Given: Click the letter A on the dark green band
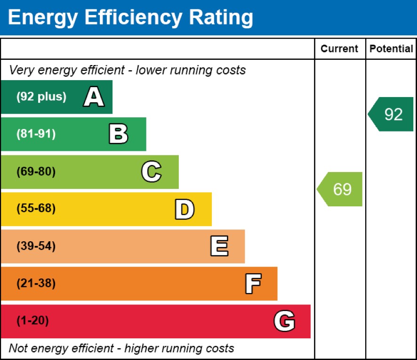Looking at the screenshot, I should click(x=94, y=98).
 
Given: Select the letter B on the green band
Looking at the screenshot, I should click(x=118, y=134).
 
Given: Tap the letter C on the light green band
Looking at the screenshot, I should click(x=151, y=172).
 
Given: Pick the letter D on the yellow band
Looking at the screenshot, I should click(x=184, y=209).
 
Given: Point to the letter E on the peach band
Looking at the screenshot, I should click(x=219, y=246).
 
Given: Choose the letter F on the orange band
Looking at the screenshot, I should click(x=253, y=284).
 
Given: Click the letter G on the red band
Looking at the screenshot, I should click(x=284, y=321).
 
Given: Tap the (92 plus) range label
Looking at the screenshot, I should click(x=41, y=97).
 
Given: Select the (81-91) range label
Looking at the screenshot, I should click(x=36, y=134).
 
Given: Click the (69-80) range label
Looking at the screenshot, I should click(x=36, y=172).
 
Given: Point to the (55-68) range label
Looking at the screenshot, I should click(x=36, y=209).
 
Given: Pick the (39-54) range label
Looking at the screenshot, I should click(x=36, y=246).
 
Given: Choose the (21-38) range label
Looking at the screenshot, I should click(x=36, y=284).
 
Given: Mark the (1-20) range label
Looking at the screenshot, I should click(x=33, y=321).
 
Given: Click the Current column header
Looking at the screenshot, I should click(x=339, y=49).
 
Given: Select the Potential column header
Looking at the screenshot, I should click(x=391, y=49).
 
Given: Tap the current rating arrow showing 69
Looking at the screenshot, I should click(x=341, y=189).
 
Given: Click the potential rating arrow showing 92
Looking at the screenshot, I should click(x=392, y=115).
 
